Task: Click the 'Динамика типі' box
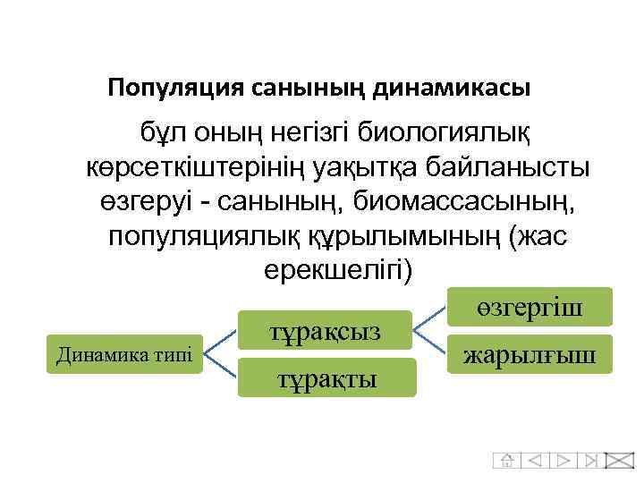124,354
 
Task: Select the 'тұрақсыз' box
325,331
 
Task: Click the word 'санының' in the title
307,88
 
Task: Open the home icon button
506,461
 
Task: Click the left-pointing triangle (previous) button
535,461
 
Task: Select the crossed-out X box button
619,461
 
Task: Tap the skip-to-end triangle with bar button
590,461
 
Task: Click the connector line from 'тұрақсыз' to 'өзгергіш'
433,318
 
